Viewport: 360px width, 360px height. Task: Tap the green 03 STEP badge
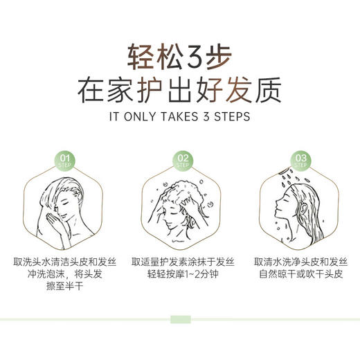click(x=300, y=161)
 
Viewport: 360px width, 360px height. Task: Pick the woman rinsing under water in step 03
click(x=299, y=208)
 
